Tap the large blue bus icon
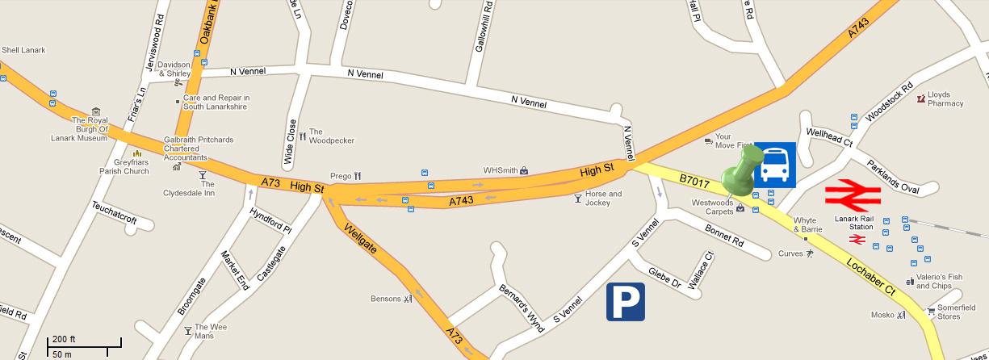(775, 165)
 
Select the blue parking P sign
(626, 302)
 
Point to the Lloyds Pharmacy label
(945, 99)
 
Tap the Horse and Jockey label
(603, 199)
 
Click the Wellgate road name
(359, 238)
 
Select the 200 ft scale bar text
(65, 338)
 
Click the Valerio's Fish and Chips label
(939, 281)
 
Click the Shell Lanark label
(23, 50)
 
